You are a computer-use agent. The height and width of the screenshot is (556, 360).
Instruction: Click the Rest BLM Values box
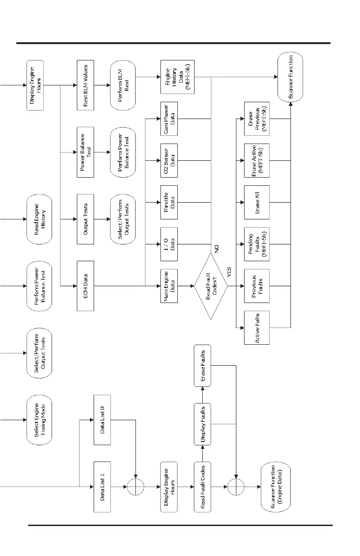85,85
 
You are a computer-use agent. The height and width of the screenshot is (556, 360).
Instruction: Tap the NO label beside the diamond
217,248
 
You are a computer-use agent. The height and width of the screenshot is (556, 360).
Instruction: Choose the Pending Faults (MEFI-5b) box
256,245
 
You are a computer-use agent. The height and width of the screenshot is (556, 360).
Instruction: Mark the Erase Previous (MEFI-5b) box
256,119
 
